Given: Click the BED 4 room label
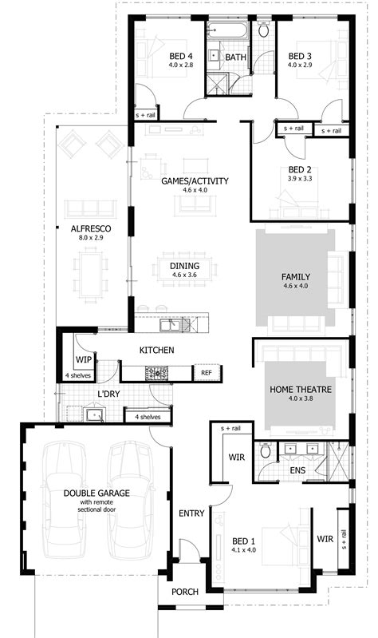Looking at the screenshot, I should point(181,56).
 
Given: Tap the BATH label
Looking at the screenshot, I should point(235,57).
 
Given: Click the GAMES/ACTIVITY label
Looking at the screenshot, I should point(195,181).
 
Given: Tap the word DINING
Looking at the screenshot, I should point(184,266).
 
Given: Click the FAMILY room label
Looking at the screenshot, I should point(295,278).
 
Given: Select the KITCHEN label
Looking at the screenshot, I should point(157,351).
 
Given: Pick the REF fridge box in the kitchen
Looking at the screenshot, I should point(206,373).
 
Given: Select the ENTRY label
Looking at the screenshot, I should point(191,513).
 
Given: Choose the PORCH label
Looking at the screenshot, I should point(184,592).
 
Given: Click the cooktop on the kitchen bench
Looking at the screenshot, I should point(156,372).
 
